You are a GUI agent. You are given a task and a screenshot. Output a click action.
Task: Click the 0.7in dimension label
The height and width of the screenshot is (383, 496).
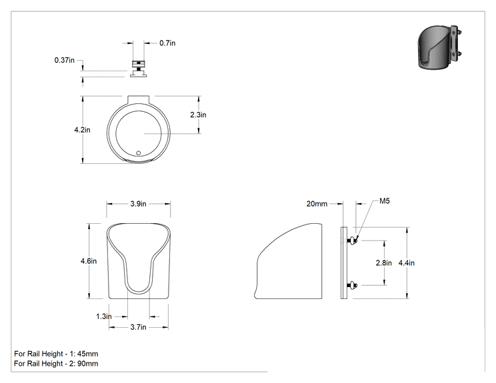pos(167,43)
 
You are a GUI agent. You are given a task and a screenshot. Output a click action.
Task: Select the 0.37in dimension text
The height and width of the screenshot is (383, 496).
pos(64,60)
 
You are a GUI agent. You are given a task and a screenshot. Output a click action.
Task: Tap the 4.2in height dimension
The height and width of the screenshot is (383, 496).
pos(82,130)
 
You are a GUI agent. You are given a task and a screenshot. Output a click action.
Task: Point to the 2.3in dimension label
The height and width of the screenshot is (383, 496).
pos(198,115)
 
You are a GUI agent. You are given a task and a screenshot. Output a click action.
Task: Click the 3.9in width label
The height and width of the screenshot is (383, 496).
pos(138,204)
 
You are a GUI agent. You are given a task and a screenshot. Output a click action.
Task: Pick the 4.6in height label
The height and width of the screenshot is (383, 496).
pos(89,261)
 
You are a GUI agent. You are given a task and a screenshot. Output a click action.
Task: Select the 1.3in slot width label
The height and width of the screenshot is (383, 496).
pos(104,316)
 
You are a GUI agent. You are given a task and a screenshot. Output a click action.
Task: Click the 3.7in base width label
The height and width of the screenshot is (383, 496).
pos(138,327)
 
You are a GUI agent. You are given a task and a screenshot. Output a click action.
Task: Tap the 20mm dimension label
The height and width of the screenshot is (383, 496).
pos(317,204)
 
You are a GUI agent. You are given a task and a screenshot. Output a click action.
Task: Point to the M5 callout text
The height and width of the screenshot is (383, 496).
pos(385,201)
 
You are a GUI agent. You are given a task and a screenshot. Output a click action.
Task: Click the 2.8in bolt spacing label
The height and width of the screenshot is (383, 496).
pos(384,263)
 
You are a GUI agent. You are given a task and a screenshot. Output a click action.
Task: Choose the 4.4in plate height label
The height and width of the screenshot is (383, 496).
pos(407,263)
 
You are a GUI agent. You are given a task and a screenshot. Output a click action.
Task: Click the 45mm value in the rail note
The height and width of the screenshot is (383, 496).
pos(87,354)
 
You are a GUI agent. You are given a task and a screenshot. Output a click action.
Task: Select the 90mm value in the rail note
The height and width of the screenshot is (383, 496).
pos(87,364)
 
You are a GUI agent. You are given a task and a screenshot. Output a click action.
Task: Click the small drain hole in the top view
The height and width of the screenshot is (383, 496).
pos(138,153)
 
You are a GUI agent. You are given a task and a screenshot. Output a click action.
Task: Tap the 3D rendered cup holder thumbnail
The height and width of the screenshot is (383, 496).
pos(440,46)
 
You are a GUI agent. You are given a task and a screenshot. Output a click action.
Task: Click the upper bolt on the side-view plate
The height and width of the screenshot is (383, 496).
pos(352,241)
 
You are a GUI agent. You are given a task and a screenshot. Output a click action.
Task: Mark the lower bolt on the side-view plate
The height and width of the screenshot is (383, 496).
pos(352,286)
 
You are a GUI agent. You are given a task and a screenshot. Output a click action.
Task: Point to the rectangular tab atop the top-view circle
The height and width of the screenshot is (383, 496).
pos(138,99)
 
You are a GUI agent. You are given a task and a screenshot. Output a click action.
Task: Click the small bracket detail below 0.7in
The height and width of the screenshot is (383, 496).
pos(138,68)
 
